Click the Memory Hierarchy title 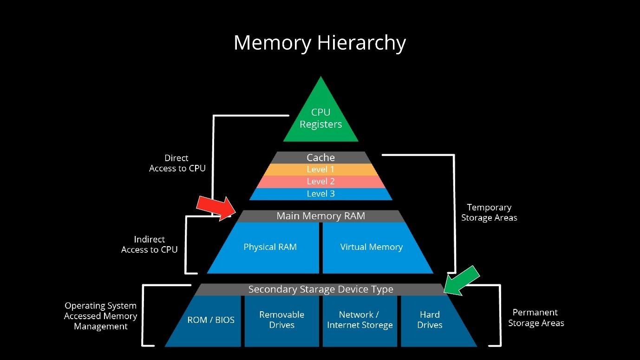tap(320, 43)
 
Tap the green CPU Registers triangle tap(320, 118)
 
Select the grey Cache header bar tap(320, 157)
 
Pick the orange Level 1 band tap(320, 170)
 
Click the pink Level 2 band tap(320, 182)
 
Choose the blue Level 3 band tap(320, 194)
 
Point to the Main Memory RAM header tap(320, 216)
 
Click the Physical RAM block tap(270, 247)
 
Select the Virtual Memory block tap(371, 247)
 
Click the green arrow tap(462, 280)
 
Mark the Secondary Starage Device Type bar tap(320, 289)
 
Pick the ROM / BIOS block tap(211, 320)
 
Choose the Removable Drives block tap(282, 320)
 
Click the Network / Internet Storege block tap(360, 320)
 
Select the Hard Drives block tap(430, 320)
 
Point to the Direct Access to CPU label tap(177, 163)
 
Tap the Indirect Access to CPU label tap(149, 244)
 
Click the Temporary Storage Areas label tap(489, 212)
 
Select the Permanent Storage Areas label tap(536, 318)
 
